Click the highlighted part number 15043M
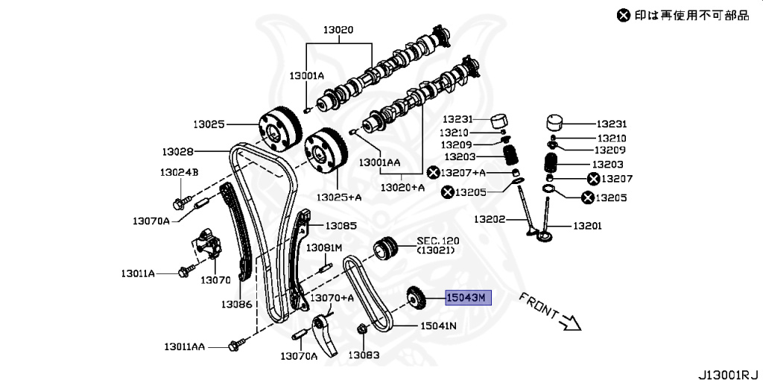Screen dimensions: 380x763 click(x=466, y=298)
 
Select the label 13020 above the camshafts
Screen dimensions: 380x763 click(x=338, y=31)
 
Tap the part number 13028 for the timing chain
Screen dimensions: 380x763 click(x=178, y=151)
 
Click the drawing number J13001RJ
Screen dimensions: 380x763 click(x=728, y=370)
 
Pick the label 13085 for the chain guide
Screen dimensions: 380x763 click(x=341, y=225)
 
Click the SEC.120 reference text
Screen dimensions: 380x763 click(x=438, y=241)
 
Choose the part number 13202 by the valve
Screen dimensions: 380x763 click(x=490, y=219)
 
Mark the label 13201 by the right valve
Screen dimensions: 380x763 click(x=587, y=225)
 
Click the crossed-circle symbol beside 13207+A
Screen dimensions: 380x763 click(x=433, y=173)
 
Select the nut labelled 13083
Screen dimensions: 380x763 click(x=361, y=329)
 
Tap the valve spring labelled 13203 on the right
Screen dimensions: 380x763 click(x=553, y=164)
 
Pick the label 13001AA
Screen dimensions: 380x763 click(x=380, y=161)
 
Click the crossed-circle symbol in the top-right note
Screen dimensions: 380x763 click(x=623, y=13)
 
